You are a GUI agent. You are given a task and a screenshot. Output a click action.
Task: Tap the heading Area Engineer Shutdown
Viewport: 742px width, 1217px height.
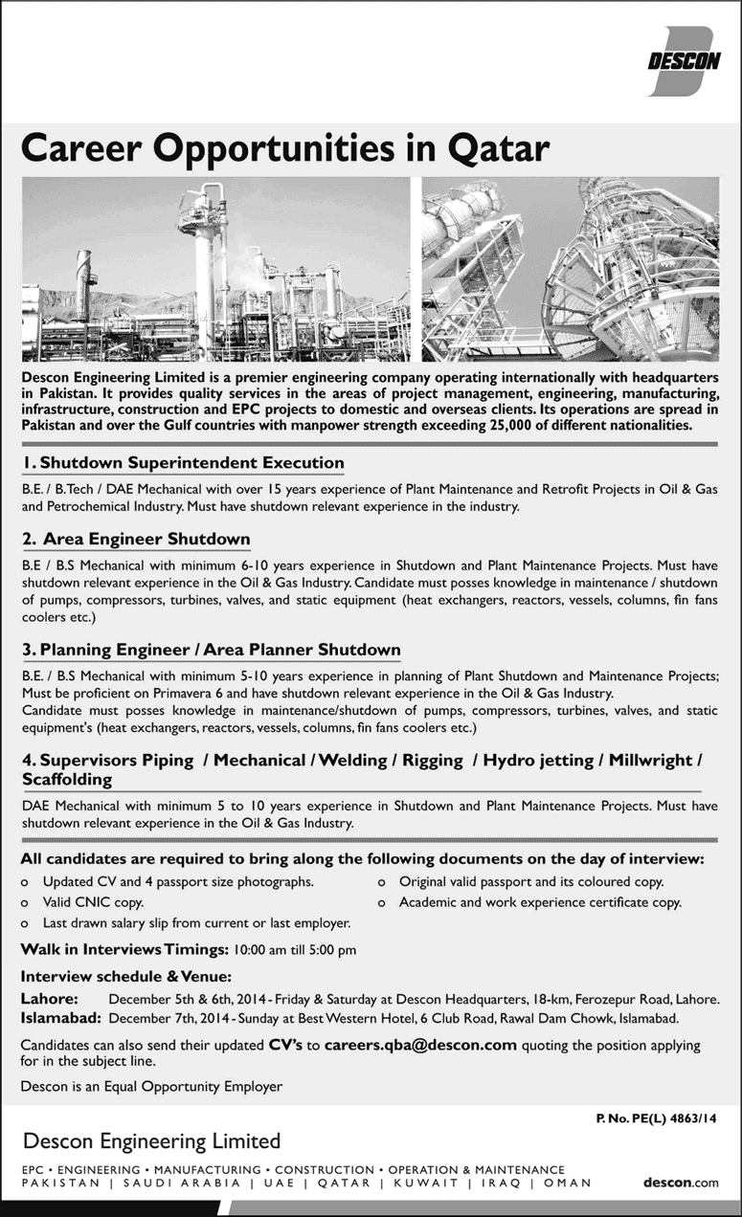point(136,540)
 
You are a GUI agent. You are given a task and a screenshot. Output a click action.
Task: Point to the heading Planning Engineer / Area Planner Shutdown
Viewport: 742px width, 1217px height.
point(211,650)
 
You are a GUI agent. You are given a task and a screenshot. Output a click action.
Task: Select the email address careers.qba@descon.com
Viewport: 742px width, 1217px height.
point(420,1045)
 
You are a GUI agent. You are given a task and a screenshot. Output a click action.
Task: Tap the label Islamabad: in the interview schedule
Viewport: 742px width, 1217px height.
point(59,1018)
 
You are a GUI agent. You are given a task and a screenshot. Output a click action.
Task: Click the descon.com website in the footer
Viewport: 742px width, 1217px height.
point(681,1183)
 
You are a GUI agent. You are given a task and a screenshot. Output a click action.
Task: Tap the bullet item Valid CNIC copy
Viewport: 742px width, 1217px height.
point(93,902)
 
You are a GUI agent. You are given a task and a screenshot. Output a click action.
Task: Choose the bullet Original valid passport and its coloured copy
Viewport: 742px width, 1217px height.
point(531,881)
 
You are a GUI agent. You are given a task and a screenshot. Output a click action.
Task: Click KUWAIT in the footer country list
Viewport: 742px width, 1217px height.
point(423,1183)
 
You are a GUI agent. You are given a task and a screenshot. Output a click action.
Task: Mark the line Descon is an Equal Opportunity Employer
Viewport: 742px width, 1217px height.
point(151,1086)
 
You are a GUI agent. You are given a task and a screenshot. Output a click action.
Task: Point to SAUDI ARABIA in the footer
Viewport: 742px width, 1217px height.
point(179,1183)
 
